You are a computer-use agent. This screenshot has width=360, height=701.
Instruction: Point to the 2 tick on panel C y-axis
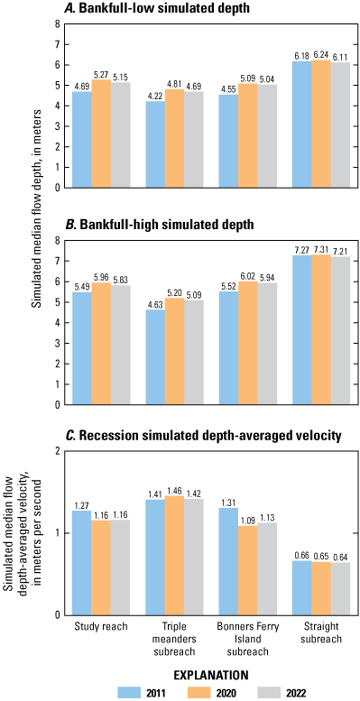[57, 451]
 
